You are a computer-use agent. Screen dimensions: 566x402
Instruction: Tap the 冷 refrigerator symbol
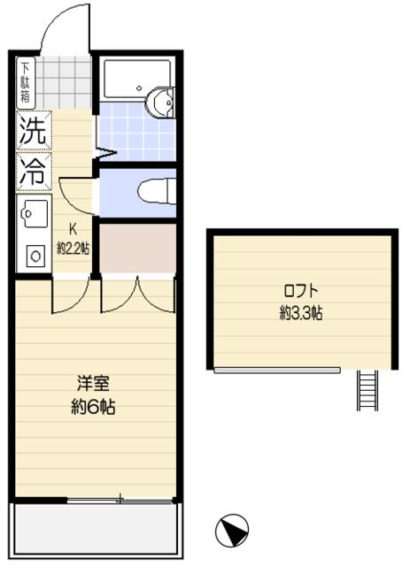click(x=35, y=172)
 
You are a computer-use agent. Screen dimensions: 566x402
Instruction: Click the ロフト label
click(x=300, y=291)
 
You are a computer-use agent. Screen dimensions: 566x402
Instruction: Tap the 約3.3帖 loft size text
click(x=300, y=312)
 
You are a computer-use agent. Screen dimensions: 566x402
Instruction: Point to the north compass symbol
click(x=231, y=530)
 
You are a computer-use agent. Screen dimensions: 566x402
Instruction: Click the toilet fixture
click(x=158, y=191)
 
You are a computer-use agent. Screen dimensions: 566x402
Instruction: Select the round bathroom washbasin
click(x=162, y=103)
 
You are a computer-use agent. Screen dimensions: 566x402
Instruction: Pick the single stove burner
click(x=35, y=256)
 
